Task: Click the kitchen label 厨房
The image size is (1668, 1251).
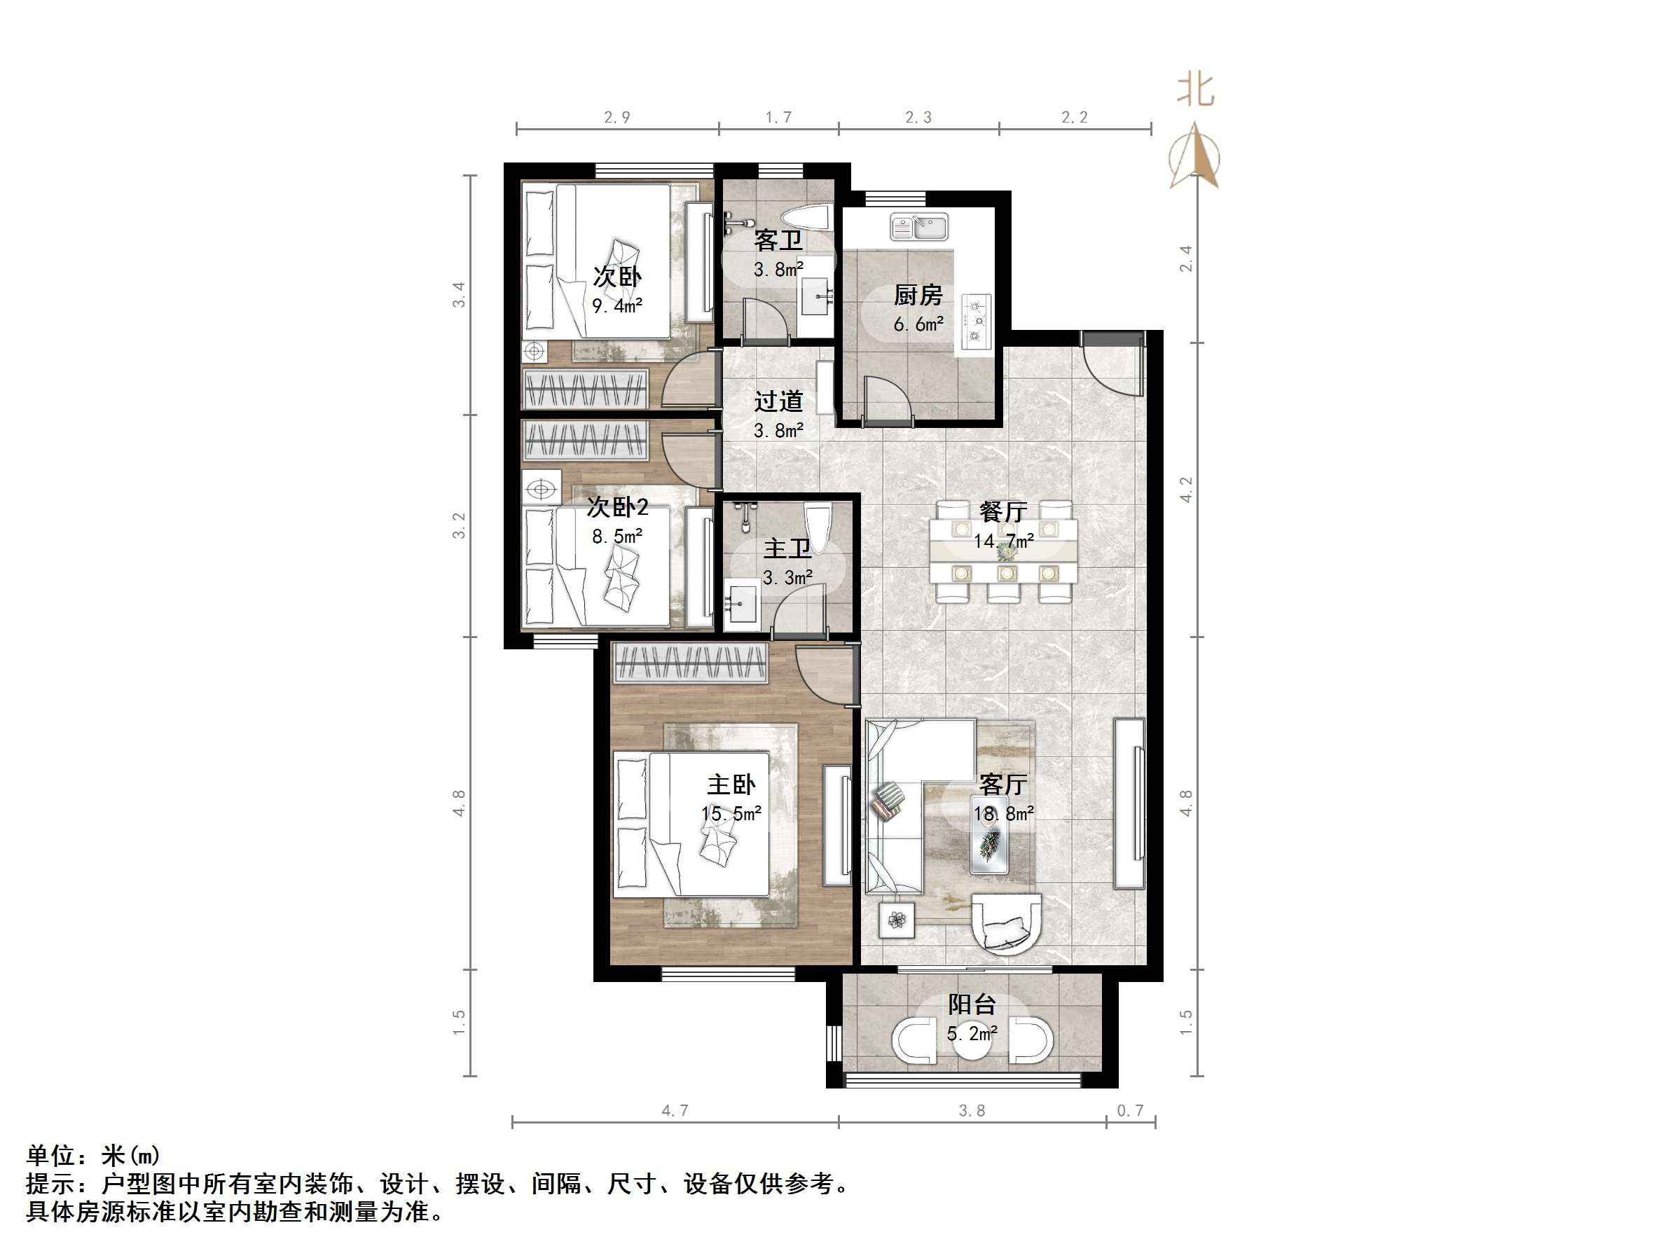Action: [x=918, y=296]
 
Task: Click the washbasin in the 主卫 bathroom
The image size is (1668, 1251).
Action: [x=742, y=604]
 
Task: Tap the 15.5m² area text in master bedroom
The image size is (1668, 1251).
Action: [x=731, y=814]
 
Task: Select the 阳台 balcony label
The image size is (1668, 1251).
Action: [x=972, y=1004]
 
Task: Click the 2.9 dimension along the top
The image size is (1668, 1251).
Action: [x=616, y=118]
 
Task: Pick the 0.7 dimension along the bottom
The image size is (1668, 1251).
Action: [x=1129, y=1111]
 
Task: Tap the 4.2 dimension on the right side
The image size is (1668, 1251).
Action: [x=1186, y=490]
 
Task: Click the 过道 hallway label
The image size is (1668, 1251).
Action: [x=778, y=401]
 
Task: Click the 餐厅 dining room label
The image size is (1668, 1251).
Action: [x=1003, y=512]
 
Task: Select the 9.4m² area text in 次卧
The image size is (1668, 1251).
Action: [x=616, y=306]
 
